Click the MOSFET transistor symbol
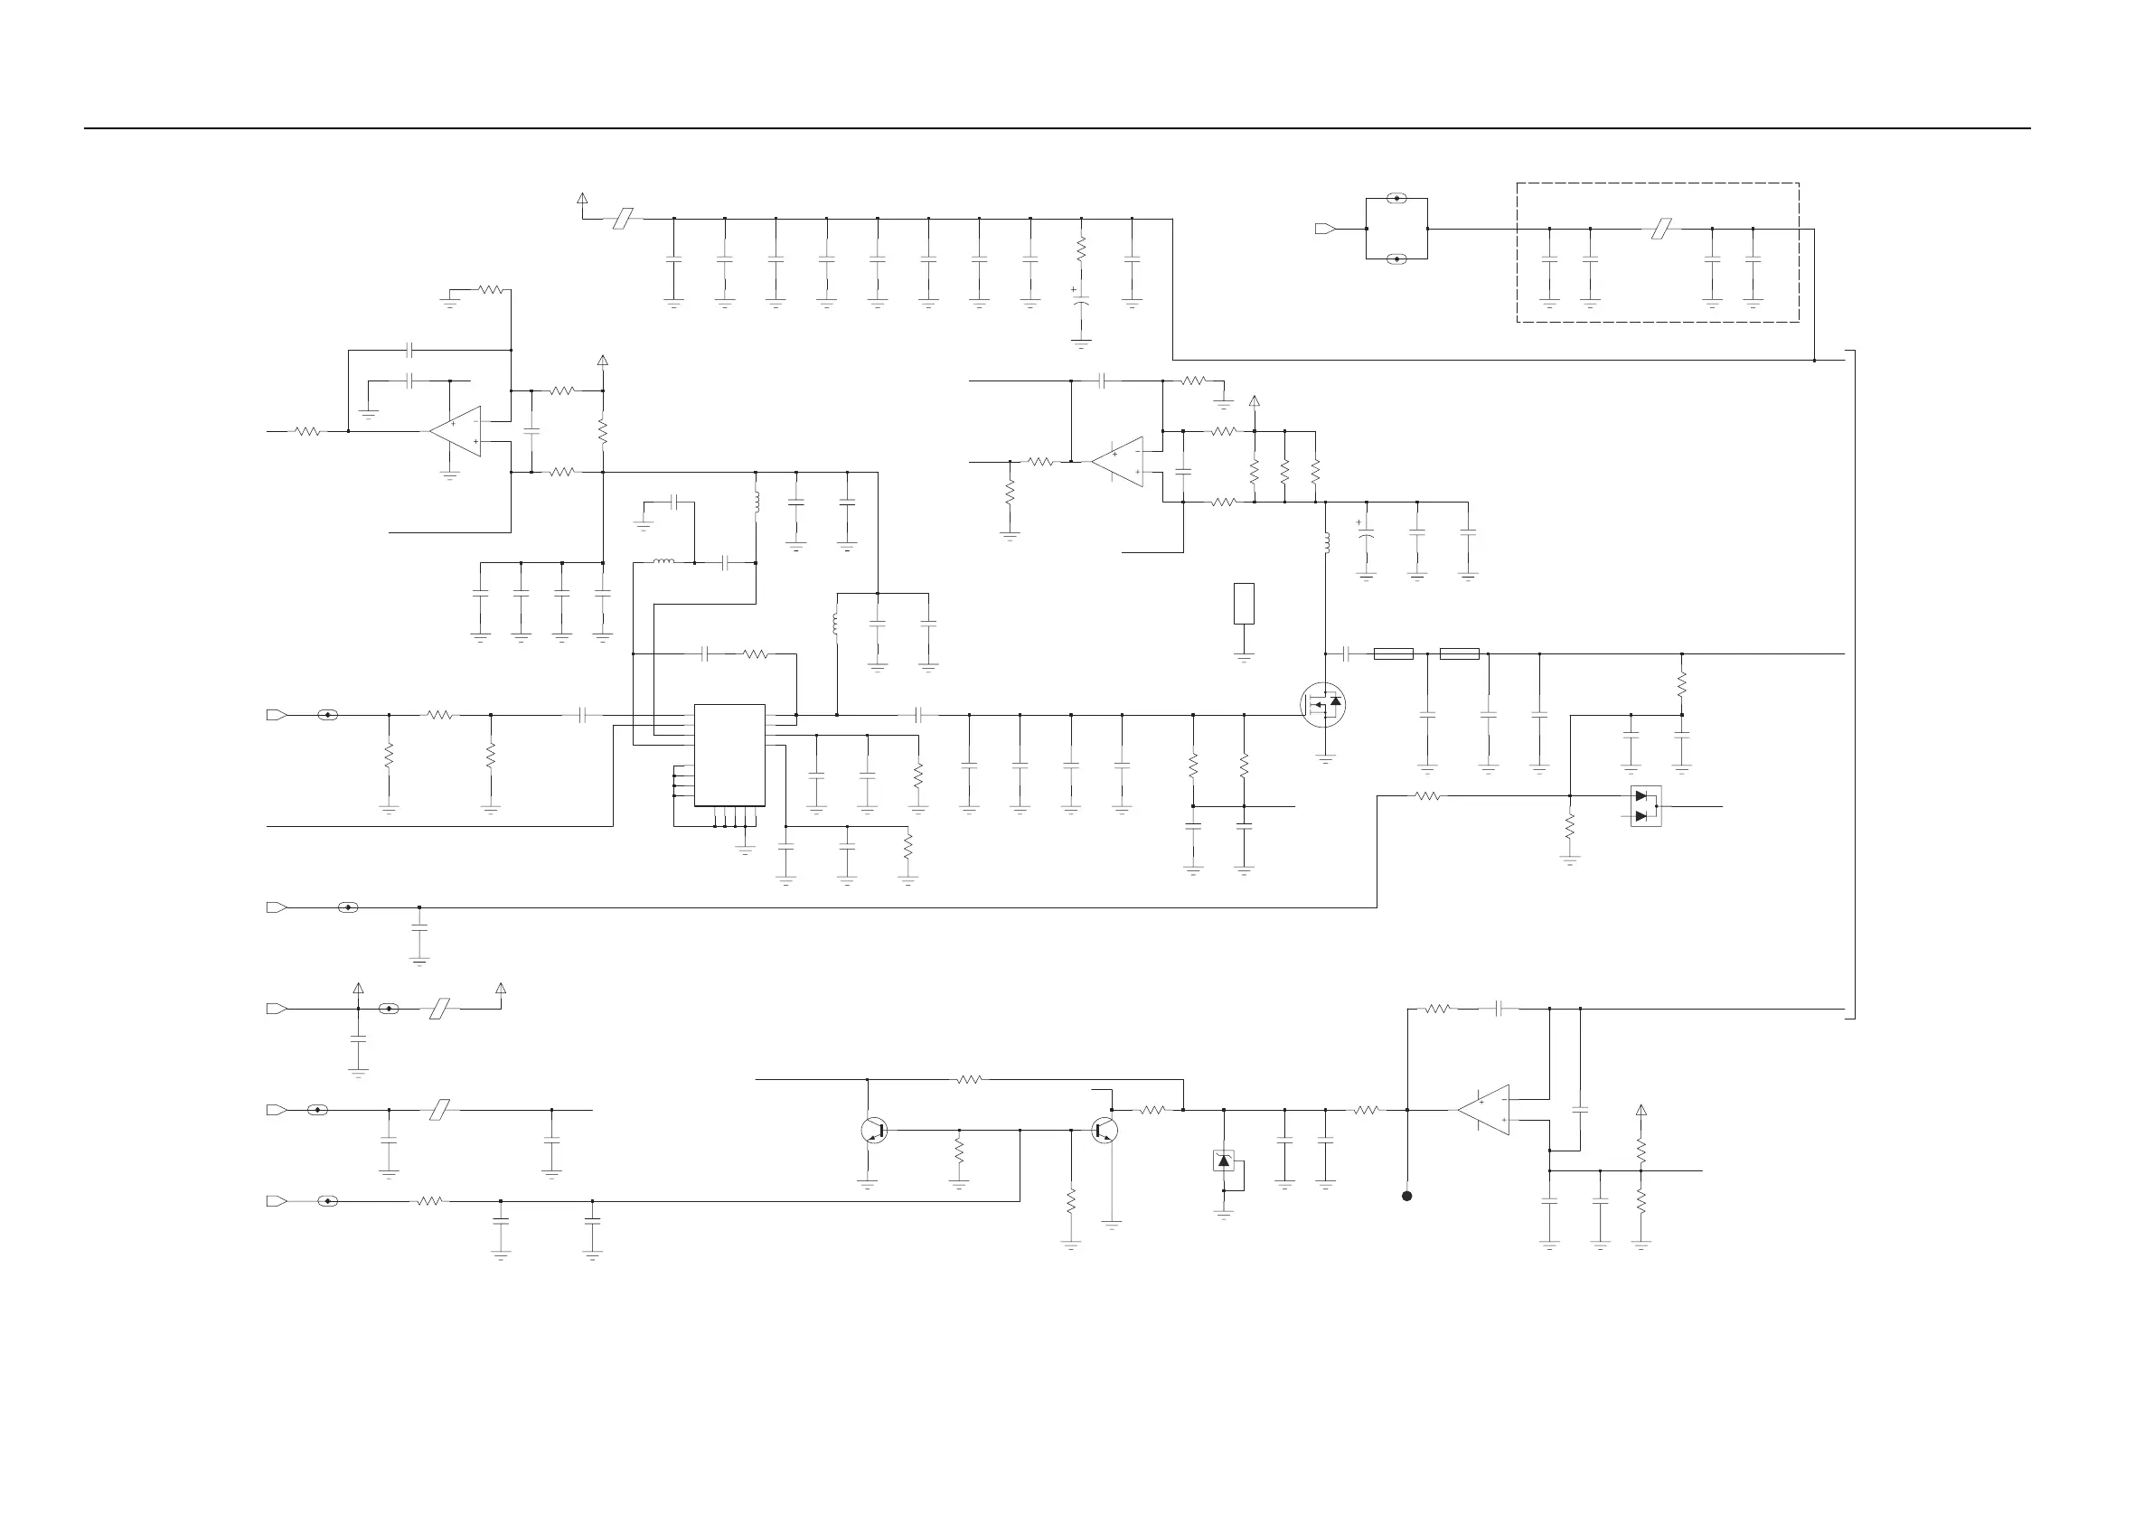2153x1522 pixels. click(x=1323, y=704)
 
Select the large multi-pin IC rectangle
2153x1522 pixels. click(x=729, y=755)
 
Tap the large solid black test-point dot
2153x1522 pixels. click(x=1406, y=1196)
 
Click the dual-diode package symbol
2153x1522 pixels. click(x=1646, y=805)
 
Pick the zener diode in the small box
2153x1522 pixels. click(x=1224, y=1161)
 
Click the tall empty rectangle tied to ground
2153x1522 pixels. click(x=1245, y=603)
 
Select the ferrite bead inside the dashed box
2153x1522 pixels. click(x=1660, y=228)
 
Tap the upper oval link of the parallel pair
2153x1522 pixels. click(x=1397, y=199)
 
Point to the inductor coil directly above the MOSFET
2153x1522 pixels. click(x=1326, y=543)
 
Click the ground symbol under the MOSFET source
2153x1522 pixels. click(x=1325, y=758)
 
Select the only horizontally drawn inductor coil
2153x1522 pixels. click(x=663, y=562)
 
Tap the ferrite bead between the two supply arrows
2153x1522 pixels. click(x=440, y=1009)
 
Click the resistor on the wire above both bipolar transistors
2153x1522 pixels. click(x=970, y=1079)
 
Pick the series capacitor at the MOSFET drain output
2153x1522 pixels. click(x=1347, y=653)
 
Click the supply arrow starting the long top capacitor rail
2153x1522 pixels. click(x=582, y=199)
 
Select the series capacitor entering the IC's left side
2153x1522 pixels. click(x=582, y=715)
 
